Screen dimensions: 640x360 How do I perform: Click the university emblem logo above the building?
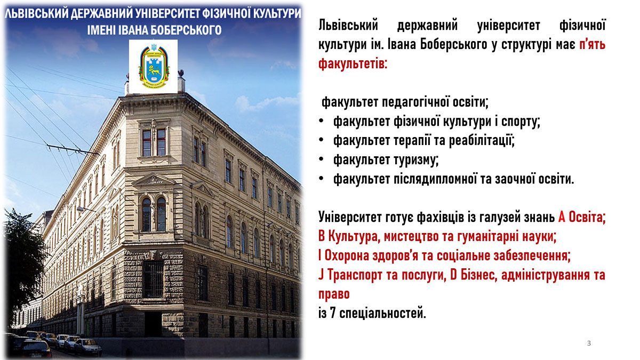pyautogui.click(x=154, y=66)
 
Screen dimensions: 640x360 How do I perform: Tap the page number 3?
pyautogui.click(x=589, y=343)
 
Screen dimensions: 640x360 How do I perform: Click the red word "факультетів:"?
pyautogui.click(x=353, y=63)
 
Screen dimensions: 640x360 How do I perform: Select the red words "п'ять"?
pyautogui.click(x=593, y=45)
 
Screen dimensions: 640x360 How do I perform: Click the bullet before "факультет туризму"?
pyautogui.click(x=322, y=159)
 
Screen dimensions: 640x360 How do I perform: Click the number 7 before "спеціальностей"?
pyautogui.click(x=333, y=313)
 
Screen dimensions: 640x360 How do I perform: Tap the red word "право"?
pyautogui.click(x=334, y=294)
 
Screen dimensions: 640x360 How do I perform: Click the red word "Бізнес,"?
pyautogui.click(x=473, y=275)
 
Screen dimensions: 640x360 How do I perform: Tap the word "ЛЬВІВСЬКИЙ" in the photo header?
pyautogui.click(x=37, y=13)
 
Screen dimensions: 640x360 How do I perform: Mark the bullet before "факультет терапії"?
pyautogui.click(x=322, y=140)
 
